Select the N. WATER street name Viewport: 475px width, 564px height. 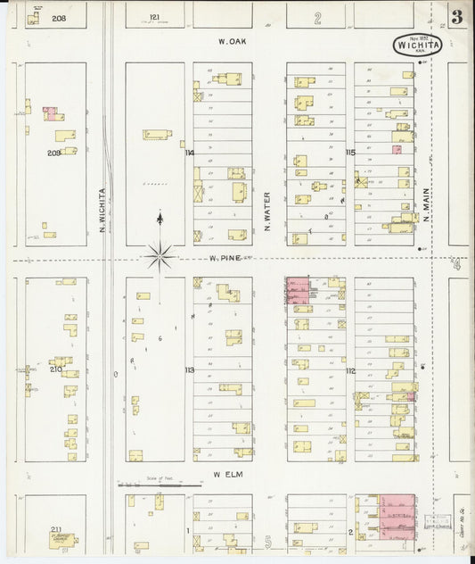click(266, 211)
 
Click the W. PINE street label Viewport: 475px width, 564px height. click(227, 259)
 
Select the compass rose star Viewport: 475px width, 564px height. click(160, 257)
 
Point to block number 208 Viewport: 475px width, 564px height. click(59, 18)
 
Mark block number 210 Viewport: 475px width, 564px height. click(55, 369)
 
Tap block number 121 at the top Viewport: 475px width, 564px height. click(155, 17)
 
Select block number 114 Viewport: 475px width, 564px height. click(189, 153)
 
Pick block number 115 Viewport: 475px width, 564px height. click(350, 153)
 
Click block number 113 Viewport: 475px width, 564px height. click(189, 369)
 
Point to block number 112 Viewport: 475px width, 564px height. click(350, 369)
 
